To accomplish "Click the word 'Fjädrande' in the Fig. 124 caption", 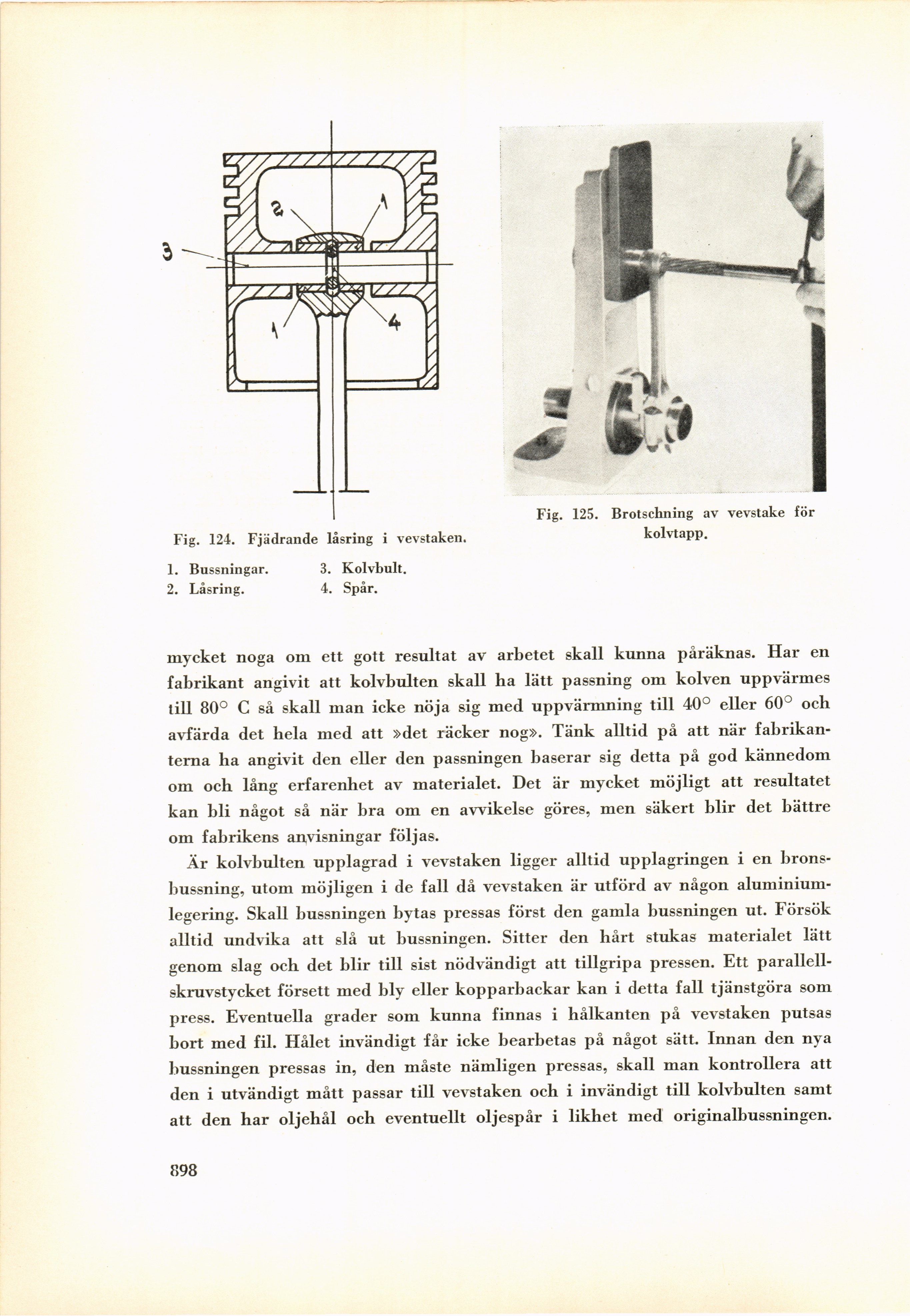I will [x=282, y=538].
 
